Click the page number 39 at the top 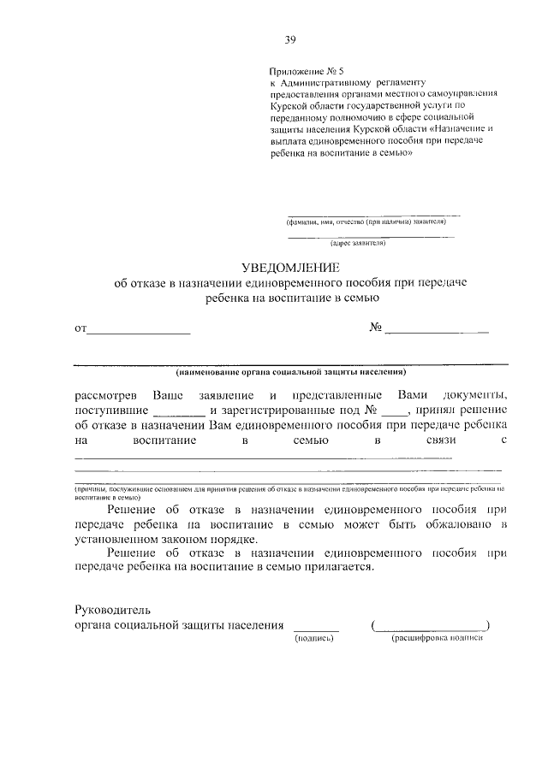[x=291, y=39]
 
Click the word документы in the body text [x=476, y=394]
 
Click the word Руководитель [x=113, y=611]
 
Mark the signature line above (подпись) [x=315, y=629]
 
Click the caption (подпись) [x=313, y=639]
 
